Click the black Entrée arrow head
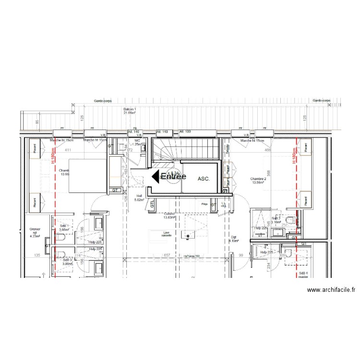tap(156, 177)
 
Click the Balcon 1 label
tap(130, 111)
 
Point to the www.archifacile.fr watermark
tap(331, 290)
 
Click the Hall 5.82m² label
tap(140, 198)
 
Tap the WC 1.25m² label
tap(137, 142)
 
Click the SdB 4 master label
tap(304, 275)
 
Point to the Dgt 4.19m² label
tap(234, 239)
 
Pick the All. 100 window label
tap(185, 131)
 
